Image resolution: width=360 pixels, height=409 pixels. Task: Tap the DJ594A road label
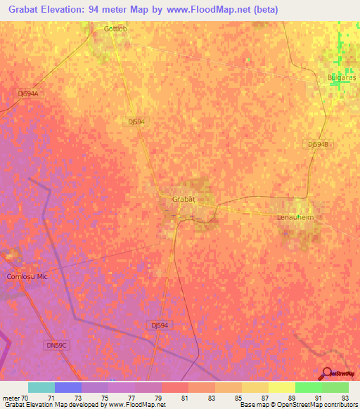27,93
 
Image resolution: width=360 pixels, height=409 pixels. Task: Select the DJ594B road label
318,143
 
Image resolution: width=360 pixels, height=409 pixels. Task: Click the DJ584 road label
136,122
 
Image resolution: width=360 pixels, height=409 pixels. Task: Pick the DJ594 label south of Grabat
160,325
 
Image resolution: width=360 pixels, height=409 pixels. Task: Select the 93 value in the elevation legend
345,397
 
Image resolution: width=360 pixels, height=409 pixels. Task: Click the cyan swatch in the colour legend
41,387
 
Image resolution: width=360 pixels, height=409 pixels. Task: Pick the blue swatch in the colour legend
67,387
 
